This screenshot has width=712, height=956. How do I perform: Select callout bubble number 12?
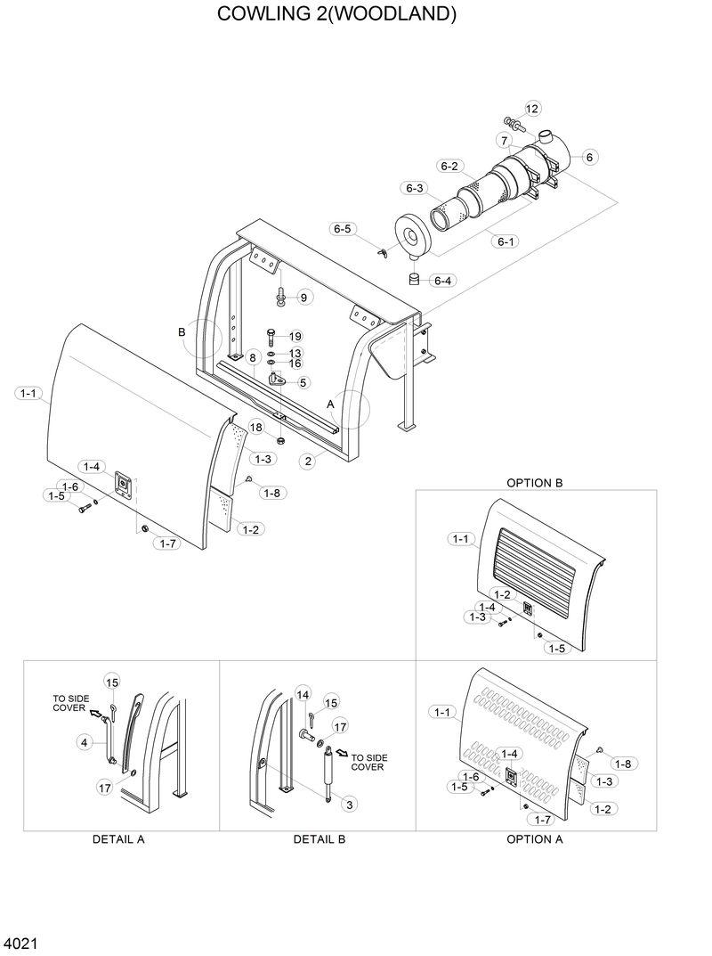531,109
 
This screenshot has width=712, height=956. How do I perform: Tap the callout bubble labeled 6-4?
442,281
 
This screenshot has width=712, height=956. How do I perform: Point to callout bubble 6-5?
343,229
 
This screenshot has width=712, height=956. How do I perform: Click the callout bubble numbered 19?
295,336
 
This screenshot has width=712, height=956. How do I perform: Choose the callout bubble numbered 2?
308,461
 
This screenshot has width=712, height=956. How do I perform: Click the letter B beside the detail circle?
182,331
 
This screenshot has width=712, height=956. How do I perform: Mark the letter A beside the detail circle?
331,403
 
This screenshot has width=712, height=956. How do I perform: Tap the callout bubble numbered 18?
256,428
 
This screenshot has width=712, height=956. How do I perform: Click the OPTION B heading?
535,483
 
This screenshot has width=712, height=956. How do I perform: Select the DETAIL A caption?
118,839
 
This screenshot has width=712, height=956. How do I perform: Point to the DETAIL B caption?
320,839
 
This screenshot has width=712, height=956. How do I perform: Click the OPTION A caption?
535,839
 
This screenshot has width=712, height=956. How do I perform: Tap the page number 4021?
19,943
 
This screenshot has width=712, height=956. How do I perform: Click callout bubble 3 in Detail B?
350,805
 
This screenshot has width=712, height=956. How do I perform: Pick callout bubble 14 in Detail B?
303,694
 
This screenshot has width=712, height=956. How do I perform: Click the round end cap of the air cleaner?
412,235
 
